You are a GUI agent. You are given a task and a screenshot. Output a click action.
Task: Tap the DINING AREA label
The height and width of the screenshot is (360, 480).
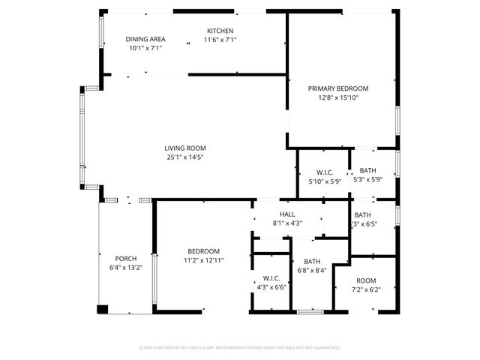145,39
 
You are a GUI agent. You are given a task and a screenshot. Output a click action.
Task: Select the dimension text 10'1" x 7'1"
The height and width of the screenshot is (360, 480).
145,48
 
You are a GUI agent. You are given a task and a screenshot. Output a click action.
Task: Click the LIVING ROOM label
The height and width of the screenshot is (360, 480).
185,148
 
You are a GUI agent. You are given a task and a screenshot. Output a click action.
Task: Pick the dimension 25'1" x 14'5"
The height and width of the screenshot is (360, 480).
185,157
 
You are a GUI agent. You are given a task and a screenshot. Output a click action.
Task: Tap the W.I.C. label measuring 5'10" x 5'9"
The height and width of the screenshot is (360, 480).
325,172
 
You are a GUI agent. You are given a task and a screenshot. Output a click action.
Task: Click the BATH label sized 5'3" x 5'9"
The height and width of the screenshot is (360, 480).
367,170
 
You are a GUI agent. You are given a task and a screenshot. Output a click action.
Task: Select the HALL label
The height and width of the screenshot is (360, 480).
287,214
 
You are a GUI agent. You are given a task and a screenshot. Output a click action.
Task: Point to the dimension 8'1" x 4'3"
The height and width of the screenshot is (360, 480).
287,223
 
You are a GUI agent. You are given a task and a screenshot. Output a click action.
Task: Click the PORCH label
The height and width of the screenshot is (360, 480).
125,258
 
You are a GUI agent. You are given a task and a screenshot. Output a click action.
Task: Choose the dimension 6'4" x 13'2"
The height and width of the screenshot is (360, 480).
125,267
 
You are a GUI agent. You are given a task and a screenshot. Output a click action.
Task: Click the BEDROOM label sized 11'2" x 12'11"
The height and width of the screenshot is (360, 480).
203,251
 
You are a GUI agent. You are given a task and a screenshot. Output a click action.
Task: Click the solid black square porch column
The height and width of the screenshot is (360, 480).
103,308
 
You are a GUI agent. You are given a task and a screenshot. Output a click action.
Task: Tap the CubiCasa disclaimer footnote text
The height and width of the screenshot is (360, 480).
240,348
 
